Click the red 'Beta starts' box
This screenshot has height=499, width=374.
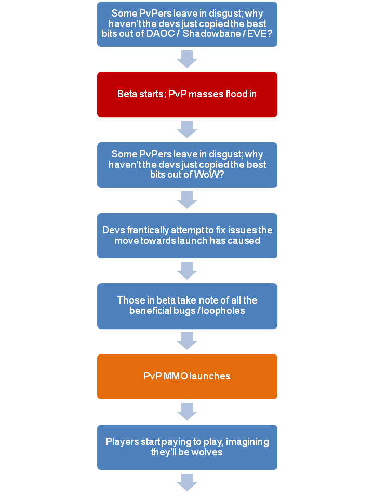(x=187, y=95)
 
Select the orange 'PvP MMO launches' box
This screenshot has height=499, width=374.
(x=187, y=376)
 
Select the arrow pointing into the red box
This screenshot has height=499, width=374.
(x=187, y=59)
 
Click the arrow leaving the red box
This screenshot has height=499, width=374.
(x=187, y=129)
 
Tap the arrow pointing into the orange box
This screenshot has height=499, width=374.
(x=187, y=341)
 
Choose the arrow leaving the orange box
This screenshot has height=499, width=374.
(x=187, y=412)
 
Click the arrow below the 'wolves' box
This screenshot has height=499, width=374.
(x=187, y=482)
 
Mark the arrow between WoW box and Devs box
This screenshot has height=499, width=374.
(x=187, y=200)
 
